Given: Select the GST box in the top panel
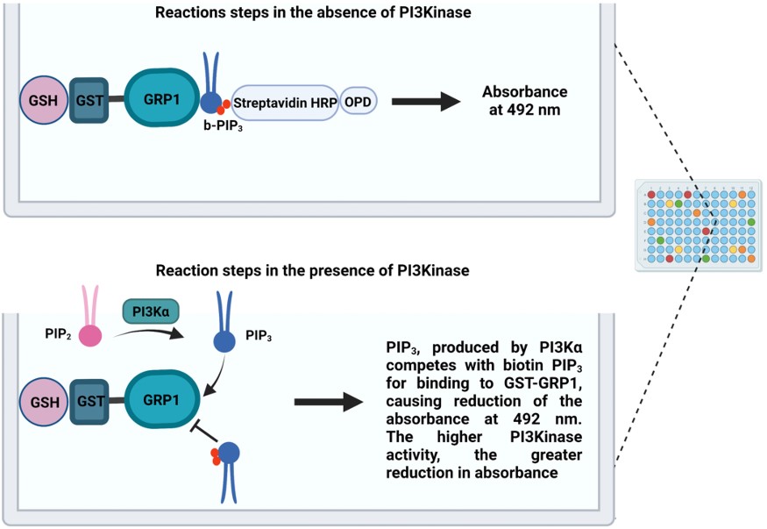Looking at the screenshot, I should (89, 100).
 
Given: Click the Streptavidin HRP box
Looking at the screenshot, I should (284, 103).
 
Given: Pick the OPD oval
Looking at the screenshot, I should (357, 103).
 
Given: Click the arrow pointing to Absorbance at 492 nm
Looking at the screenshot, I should (425, 102).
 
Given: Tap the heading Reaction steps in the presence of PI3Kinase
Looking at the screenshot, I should (312, 270).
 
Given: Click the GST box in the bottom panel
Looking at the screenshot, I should (89, 400).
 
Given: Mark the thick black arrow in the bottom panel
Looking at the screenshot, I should (328, 403).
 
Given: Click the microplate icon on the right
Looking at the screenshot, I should (697, 225).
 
